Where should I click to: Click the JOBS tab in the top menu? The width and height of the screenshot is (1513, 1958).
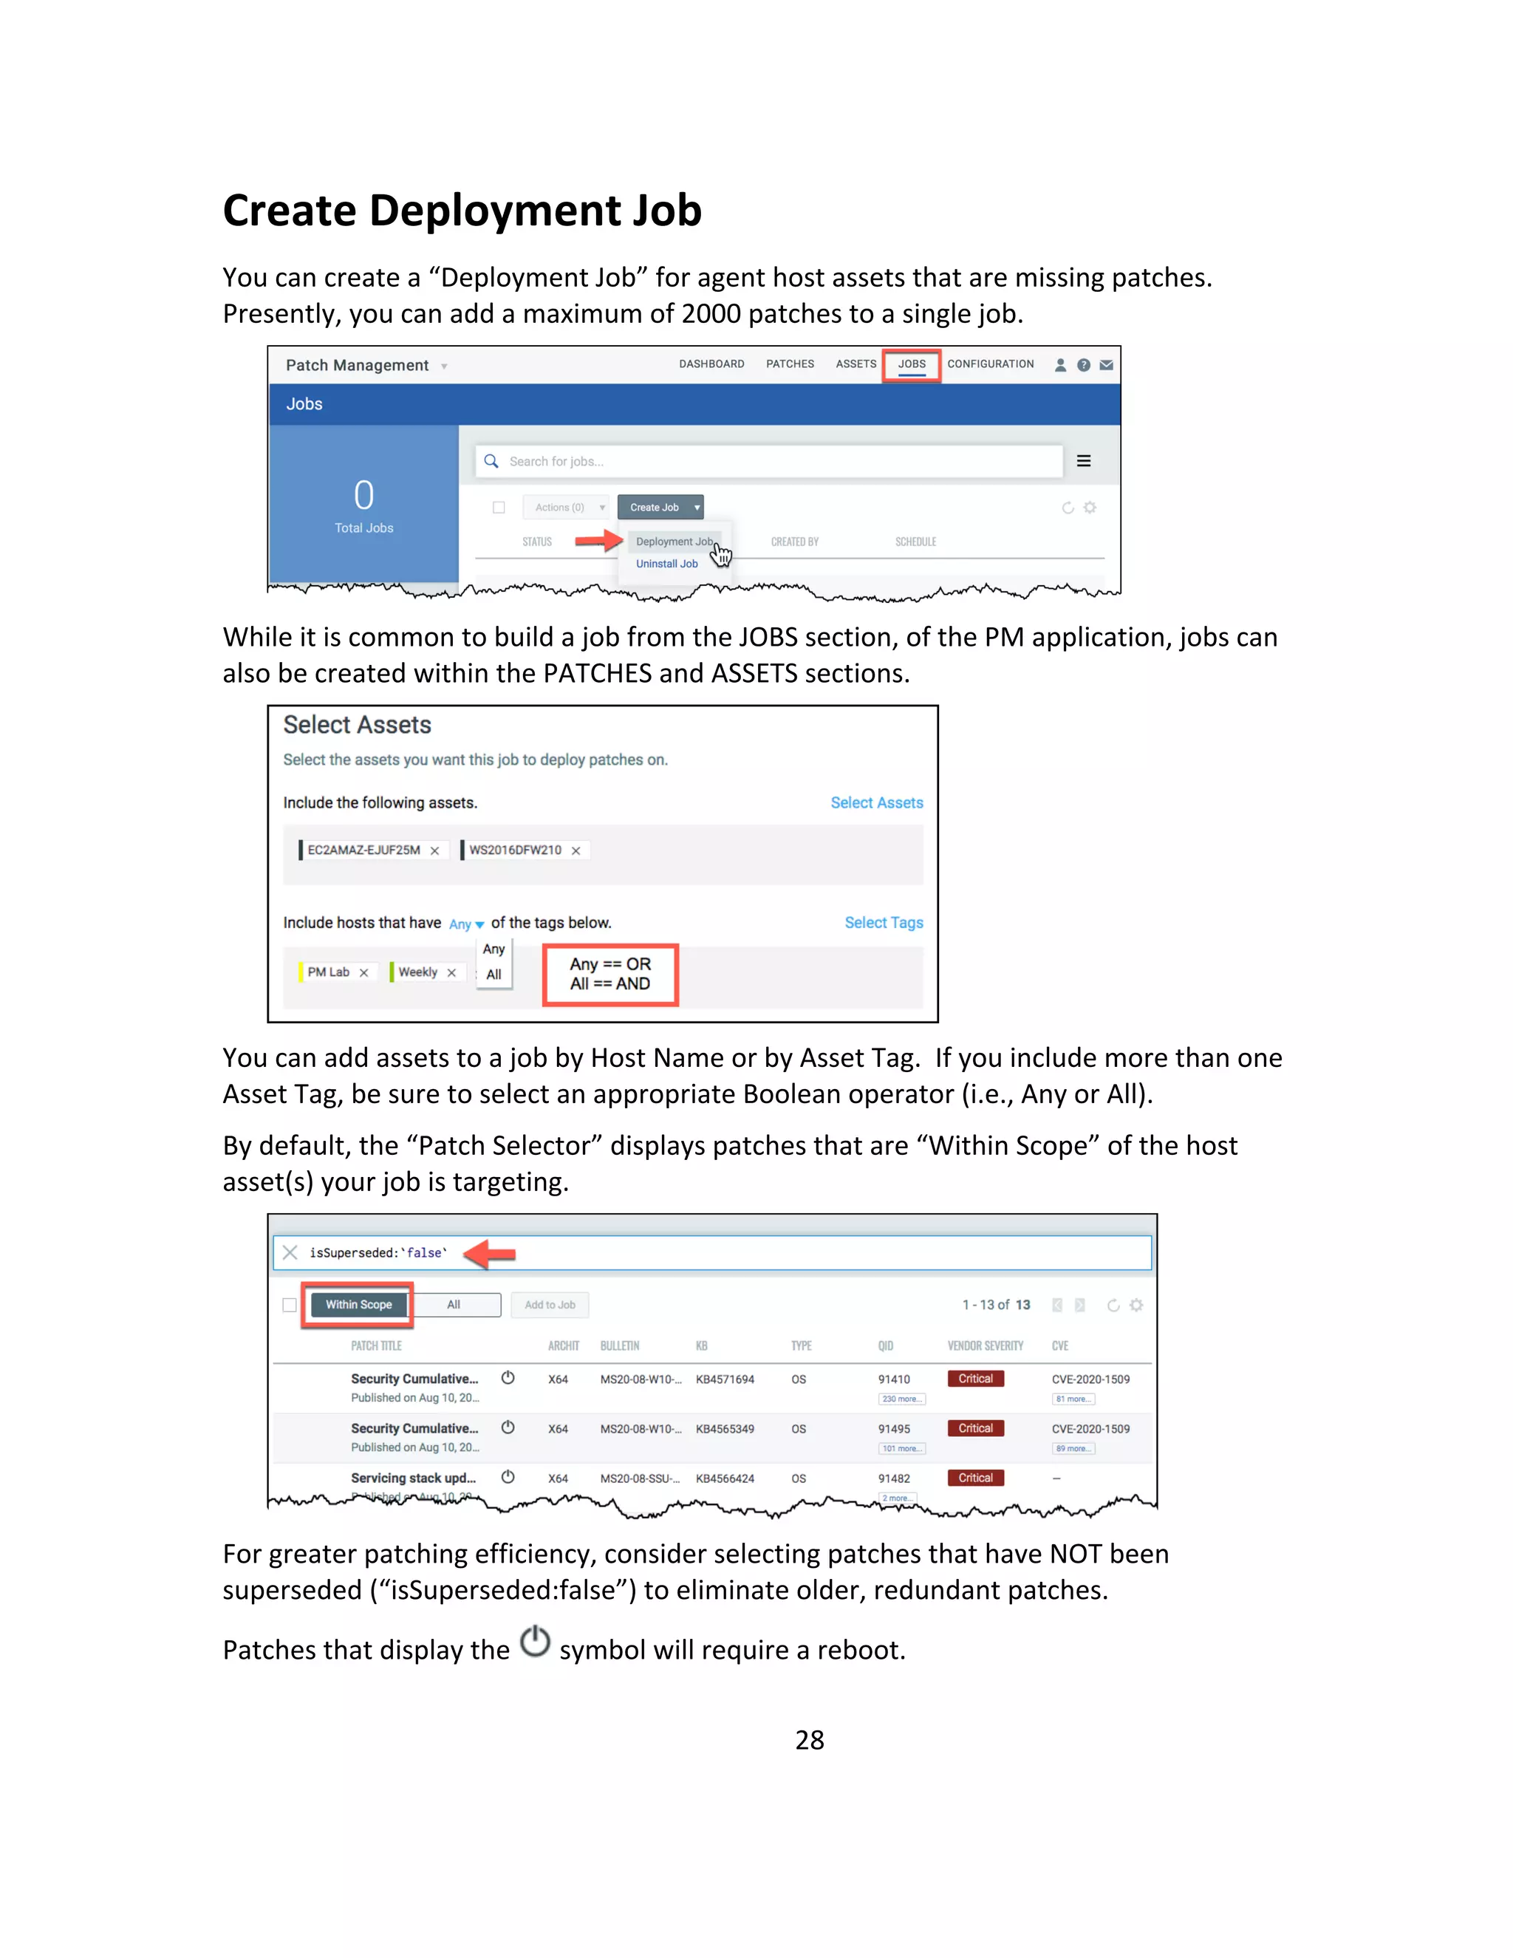point(911,364)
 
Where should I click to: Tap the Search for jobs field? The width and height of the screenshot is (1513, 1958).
point(771,461)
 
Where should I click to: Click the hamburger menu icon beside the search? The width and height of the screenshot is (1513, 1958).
point(1083,461)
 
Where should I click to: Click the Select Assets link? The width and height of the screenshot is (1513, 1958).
point(875,802)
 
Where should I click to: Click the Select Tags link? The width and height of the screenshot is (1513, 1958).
point(883,923)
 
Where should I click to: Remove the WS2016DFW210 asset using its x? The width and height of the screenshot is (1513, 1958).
point(576,850)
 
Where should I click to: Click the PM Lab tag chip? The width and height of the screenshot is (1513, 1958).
point(328,972)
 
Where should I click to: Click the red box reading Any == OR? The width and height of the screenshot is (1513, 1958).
point(610,974)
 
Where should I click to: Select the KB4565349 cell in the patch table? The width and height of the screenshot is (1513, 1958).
point(724,1428)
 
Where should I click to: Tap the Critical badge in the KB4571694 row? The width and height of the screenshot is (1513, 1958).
point(975,1379)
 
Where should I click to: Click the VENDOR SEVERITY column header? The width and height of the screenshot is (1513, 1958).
point(984,1345)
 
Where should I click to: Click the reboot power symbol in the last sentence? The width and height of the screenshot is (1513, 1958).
point(535,1642)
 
